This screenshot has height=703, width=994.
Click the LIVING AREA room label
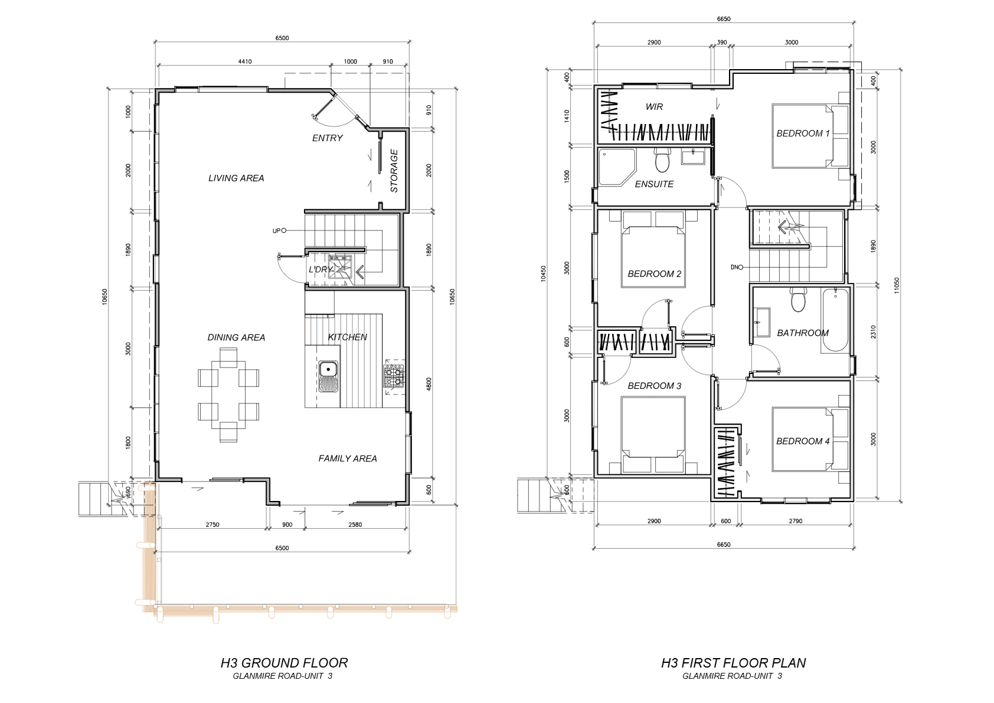236,178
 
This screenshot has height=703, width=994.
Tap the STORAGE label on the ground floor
394,171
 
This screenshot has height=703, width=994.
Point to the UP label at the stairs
276,231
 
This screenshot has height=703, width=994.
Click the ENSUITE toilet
662,160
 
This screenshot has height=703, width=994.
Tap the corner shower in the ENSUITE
617,167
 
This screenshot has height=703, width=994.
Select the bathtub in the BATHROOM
835,320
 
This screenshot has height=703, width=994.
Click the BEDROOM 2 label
654,274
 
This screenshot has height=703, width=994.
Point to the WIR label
654,106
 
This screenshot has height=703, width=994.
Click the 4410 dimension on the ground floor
245,61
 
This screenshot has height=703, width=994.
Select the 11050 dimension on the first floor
897,285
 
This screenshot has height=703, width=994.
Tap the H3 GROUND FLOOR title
284,663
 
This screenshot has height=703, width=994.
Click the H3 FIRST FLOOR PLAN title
733,663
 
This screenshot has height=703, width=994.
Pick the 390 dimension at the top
722,42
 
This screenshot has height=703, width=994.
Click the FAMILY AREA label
348,458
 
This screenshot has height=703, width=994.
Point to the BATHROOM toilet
799,300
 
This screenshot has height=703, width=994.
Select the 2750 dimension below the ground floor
212,525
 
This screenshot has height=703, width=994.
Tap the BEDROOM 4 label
803,441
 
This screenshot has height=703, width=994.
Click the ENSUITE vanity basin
693,157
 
